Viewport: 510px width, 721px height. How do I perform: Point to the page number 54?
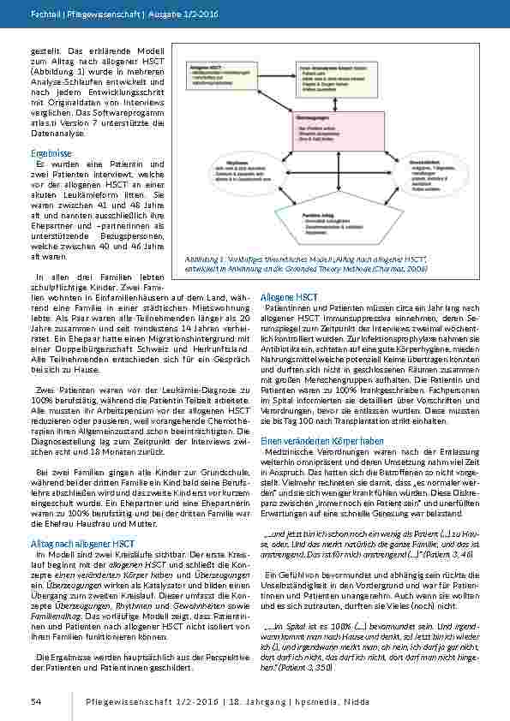(35, 702)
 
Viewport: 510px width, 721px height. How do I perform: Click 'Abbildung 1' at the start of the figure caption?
(203, 258)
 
